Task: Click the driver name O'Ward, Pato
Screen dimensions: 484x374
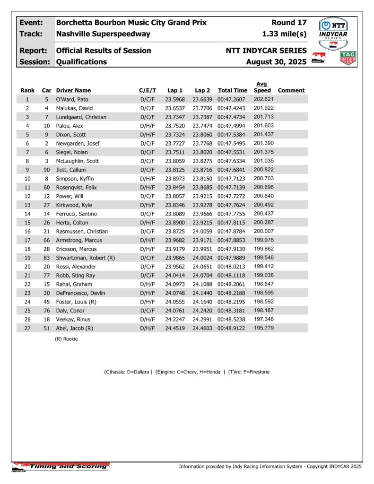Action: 72,99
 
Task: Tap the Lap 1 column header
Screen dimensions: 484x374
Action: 174,90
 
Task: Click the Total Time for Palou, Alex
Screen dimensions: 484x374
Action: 232,126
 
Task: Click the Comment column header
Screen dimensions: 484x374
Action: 291,90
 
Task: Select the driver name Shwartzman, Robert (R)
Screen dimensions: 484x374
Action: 86,258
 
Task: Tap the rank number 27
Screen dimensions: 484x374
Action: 27,328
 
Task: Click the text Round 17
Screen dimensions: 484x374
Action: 289,23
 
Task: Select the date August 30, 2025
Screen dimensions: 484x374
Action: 276,62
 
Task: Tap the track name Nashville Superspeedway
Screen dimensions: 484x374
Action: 103,34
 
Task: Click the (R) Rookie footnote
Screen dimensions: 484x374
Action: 67,339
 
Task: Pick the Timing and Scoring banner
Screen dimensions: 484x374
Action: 61,467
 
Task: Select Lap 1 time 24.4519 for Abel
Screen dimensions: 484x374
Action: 174,328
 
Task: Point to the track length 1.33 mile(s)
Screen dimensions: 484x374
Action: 284,34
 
